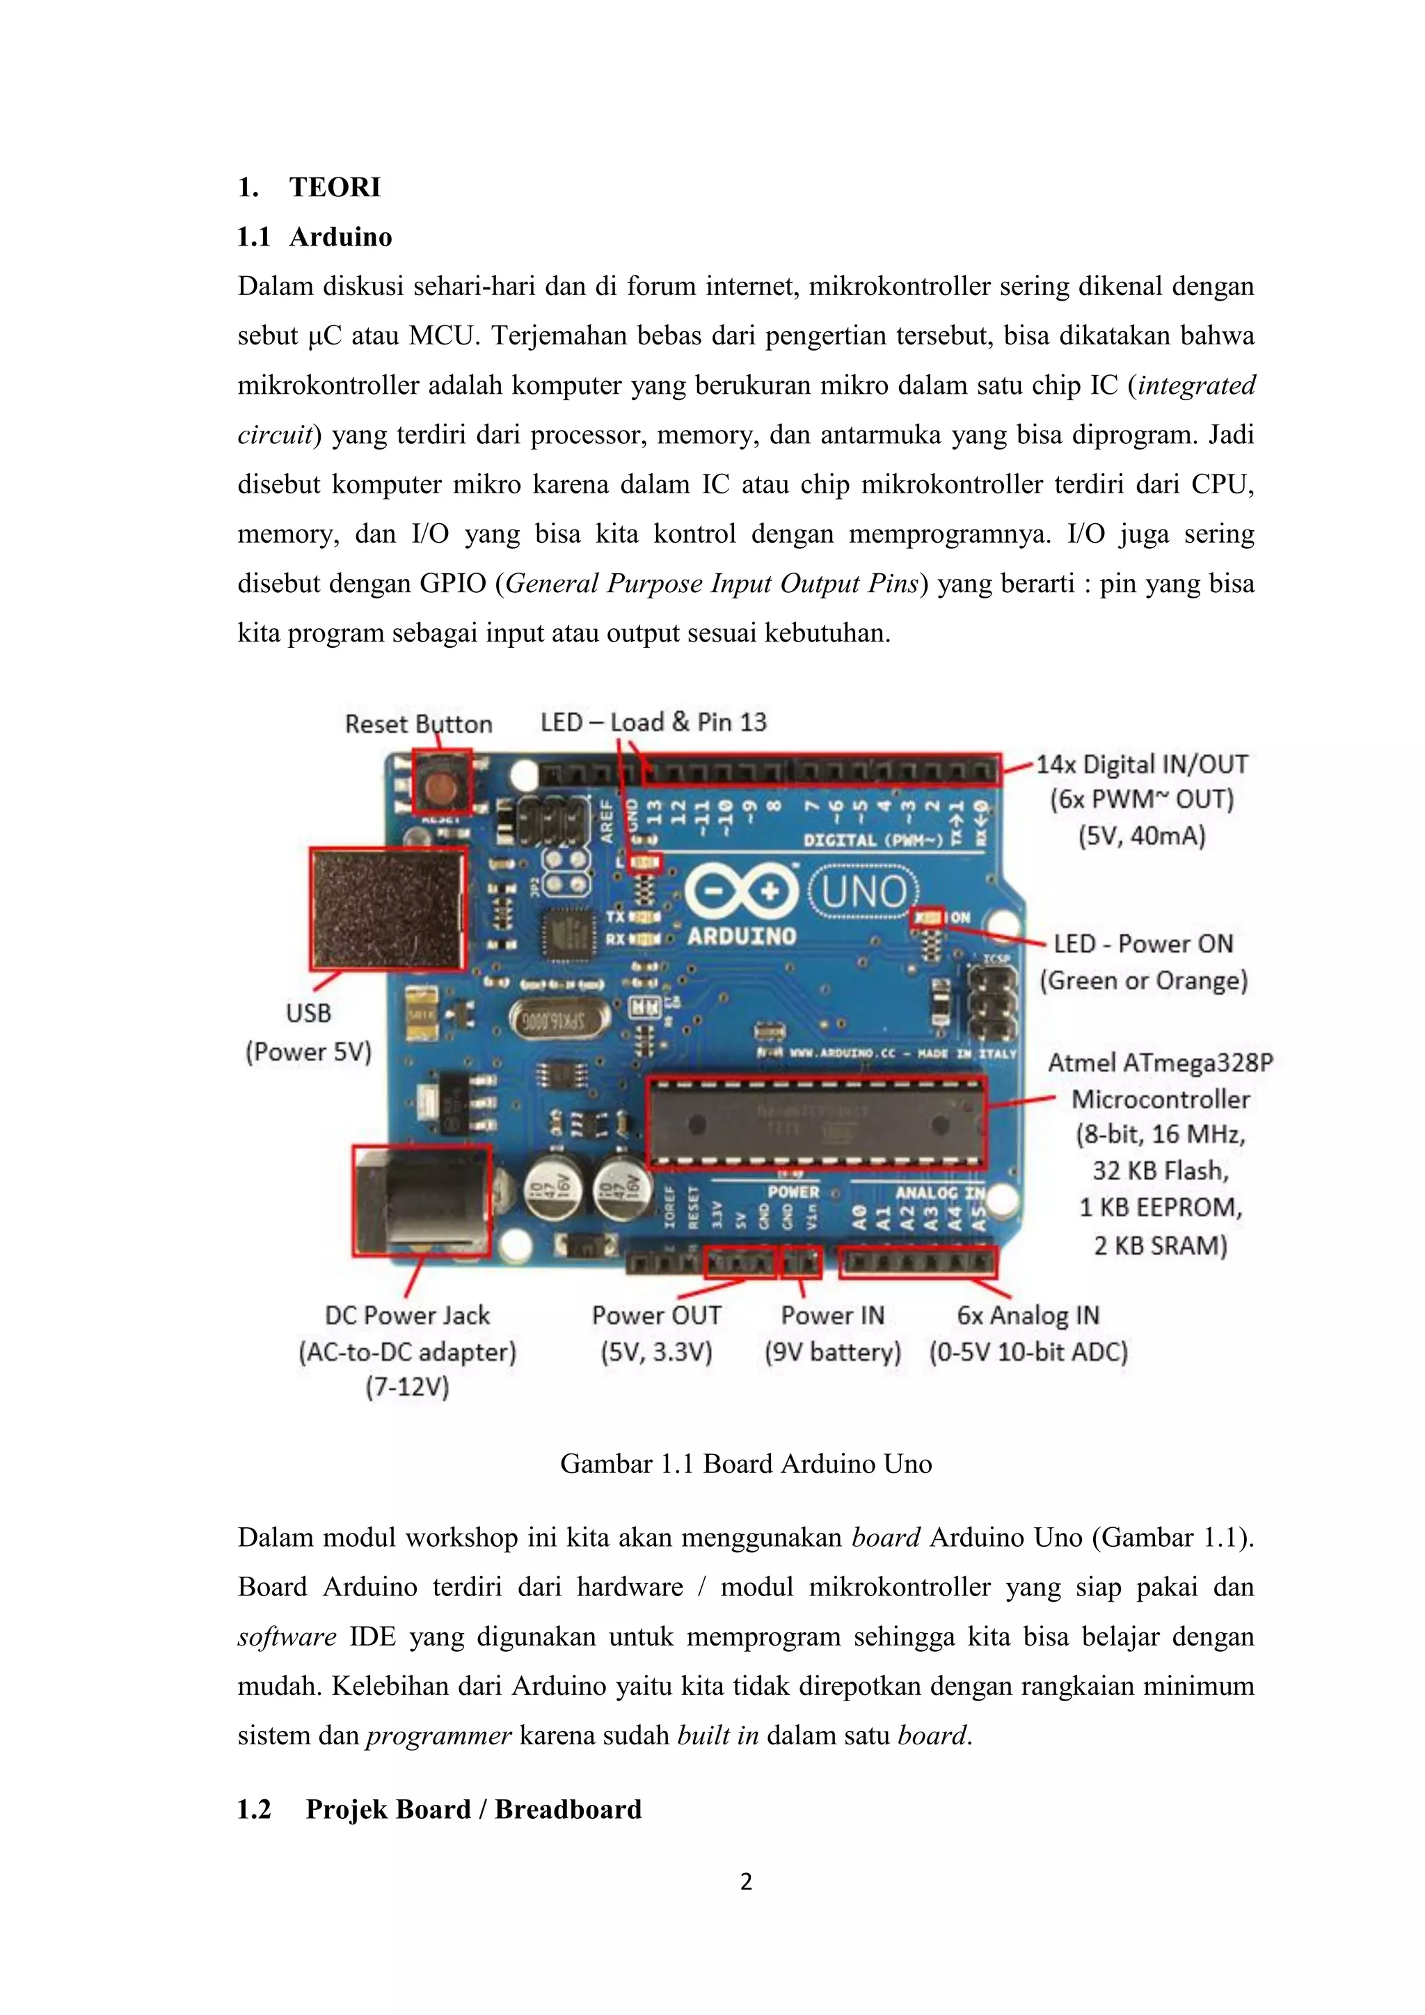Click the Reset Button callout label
click(419, 724)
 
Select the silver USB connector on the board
click(387, 908)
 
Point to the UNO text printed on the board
click(863, 893)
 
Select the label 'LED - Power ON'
click(1143, 943)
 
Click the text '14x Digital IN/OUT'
click(1142, 765)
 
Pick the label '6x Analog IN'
click(1028, 1314)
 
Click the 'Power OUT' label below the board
click(656, 1314)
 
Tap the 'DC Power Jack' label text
click(407, 1314)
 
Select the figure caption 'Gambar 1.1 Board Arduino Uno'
click(746, 1464)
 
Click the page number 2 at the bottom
click(746, 1881)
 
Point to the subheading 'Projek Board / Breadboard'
click(474, 1809)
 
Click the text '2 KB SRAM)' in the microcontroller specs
click(1160, 1245)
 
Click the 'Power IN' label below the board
click(832, 1314)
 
